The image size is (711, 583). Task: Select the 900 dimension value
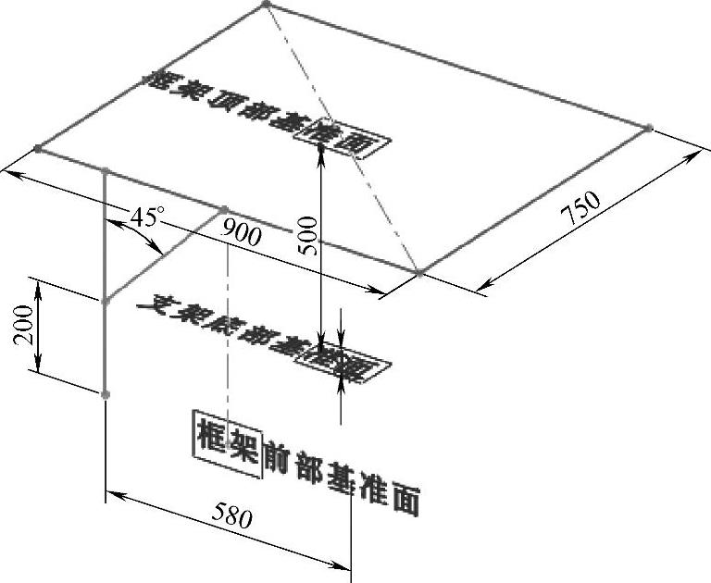point(242,234)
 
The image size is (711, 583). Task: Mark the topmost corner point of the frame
point(266,5)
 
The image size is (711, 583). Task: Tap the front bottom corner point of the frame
point(419,273)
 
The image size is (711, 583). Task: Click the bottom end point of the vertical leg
point(106,395)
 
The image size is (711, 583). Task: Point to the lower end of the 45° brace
point(106,301)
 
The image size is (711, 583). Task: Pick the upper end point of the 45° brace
point(223,209)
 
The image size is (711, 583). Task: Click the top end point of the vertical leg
point(106,170)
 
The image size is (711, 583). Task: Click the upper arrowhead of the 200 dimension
point(37,281)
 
